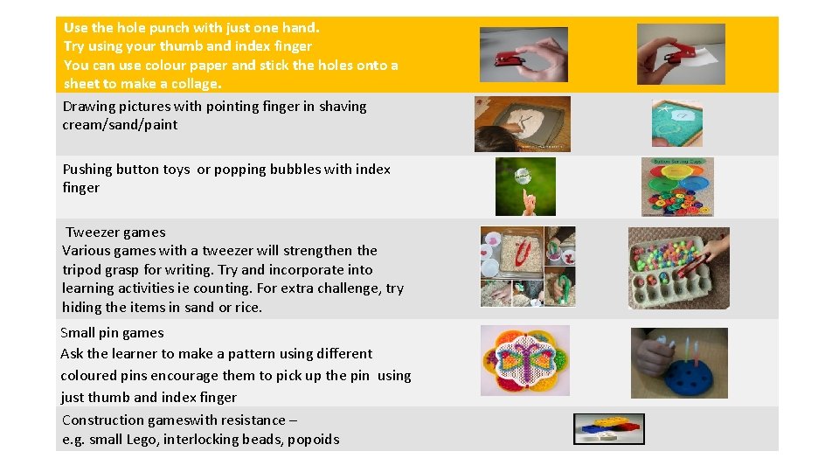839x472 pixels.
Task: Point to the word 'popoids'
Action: (x=313, y=440)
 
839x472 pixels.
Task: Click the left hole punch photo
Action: (x=524, y=54)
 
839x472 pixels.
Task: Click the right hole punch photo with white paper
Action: (x=681, y=54)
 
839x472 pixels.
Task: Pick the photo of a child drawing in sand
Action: (x=522, y=124)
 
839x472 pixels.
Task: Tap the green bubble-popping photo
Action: (x=525, y=186)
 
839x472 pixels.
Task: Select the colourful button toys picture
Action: (x=677, y=186)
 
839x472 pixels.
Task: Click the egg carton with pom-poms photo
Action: (x=678, y=268)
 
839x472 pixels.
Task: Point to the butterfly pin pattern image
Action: (x=524, y=360)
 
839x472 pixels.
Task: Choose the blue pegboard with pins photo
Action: (x=679, y=363)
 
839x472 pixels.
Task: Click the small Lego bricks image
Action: (x=609, y=428)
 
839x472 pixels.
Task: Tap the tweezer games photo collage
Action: (x=528, y=267)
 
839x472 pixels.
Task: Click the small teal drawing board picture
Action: (x=676, y=123)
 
